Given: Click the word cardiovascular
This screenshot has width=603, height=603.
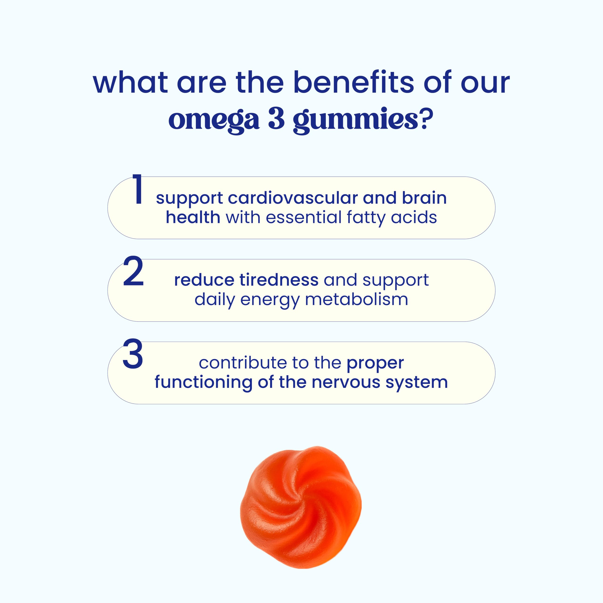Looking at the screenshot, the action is (x=293, y=198).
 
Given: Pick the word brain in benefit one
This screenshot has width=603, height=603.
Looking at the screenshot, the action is (x=424, y=198).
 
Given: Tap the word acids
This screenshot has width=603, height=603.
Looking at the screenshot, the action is (x=414, y=218).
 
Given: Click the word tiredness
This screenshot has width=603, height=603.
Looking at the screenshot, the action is (x=279, y=280).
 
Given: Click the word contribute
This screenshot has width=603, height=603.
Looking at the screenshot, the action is (x=243, y=363).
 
